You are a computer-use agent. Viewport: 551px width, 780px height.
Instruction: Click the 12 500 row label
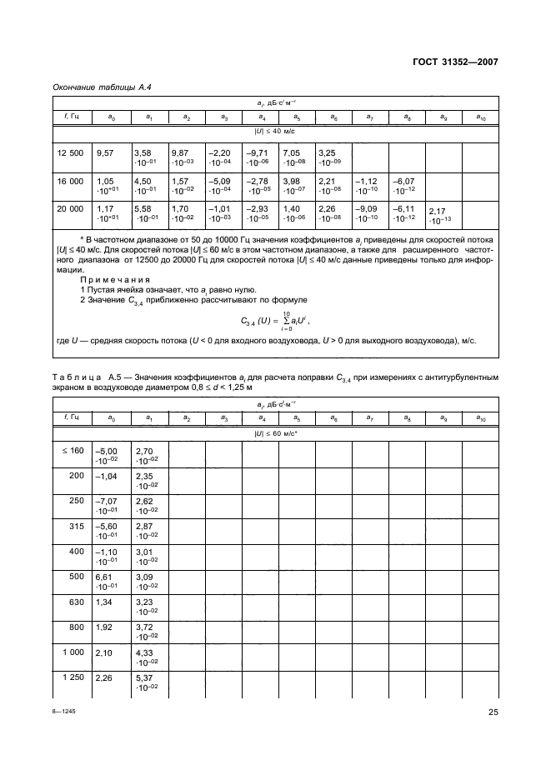pos(70,153)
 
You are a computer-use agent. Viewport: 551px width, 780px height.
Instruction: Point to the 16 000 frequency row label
pos(70,181)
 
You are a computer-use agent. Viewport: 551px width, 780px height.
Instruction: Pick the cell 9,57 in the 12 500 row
pos(105,153)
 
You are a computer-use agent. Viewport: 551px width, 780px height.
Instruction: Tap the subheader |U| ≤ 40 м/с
pos(274,132)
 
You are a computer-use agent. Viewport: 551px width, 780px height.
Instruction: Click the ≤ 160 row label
pos(73,451)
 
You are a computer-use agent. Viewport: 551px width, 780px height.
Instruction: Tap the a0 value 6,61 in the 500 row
pos(105,576)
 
